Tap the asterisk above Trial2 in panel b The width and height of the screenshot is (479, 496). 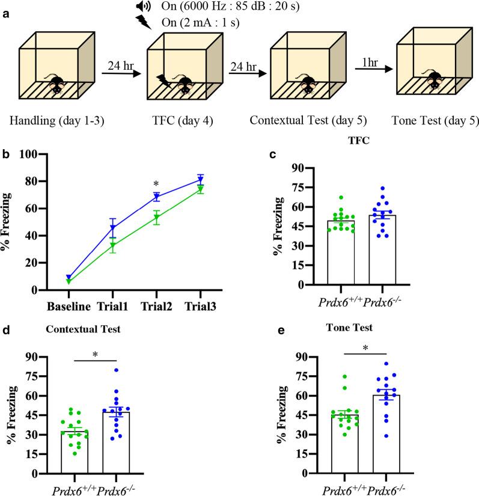pos(155,183)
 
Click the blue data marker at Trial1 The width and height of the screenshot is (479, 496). pos(112,228)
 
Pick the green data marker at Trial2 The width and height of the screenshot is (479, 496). pos(156,218)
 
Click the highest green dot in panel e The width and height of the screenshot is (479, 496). pos(328,377)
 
